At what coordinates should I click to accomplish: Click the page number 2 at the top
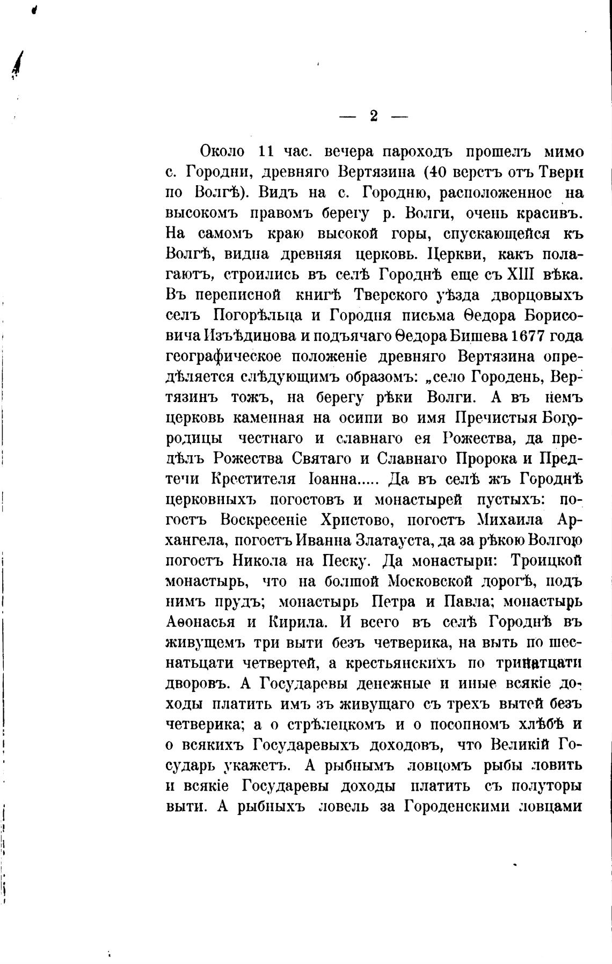[374, 116]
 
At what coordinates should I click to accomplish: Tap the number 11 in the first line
[267, 151]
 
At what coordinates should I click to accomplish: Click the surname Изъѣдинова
[249, 335]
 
